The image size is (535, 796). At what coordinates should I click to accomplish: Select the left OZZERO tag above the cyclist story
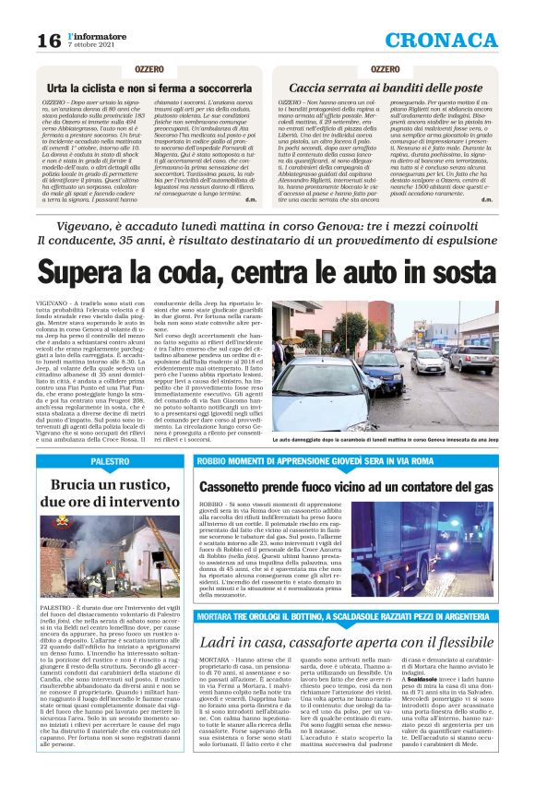click(x=149, y=68)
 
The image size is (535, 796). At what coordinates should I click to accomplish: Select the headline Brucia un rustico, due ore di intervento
click(x=110, y=493)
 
